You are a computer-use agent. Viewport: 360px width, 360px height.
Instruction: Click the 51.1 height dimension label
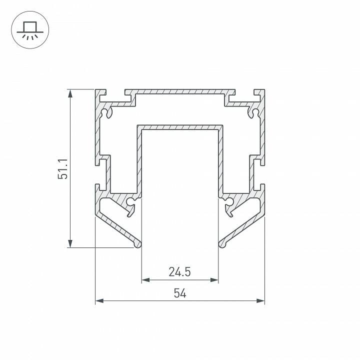pos(62,169)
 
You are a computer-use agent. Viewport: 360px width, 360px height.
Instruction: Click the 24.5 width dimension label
pos(180,271)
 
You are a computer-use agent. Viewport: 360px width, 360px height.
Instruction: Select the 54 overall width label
pos(180,293)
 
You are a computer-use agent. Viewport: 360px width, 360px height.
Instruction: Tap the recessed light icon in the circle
pos(30,30)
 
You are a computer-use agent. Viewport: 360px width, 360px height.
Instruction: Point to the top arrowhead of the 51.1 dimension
pos(70,93)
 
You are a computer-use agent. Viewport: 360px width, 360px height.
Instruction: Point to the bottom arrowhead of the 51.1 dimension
pos(70,243)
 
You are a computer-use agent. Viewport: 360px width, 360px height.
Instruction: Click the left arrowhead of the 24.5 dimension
pos(146,280)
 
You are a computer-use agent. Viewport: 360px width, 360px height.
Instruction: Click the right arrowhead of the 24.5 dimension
pos(214,280)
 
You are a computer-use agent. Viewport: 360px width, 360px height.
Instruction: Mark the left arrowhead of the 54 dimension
pos(99,300)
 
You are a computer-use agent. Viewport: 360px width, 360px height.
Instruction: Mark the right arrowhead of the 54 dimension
pos(260,300)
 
